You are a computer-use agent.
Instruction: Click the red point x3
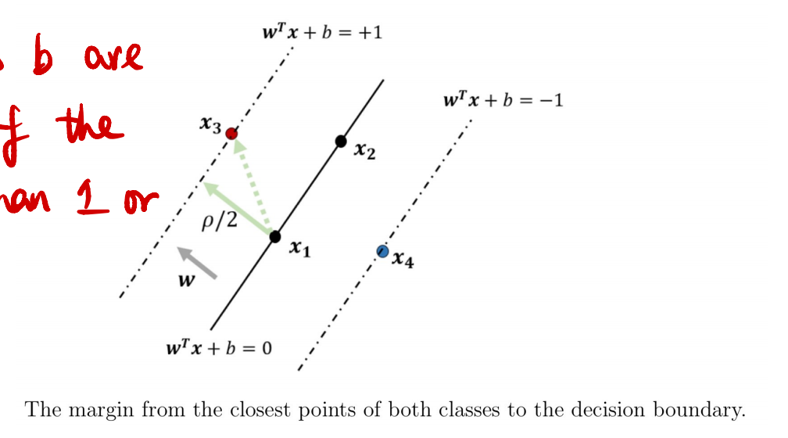tap(231, 134)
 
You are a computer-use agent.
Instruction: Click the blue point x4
tap(382, 251)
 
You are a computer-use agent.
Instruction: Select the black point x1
tap(275, 236)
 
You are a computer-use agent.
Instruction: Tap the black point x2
tap(341, 141)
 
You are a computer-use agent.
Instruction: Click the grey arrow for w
tap(197, 263)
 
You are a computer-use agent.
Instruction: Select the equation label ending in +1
tap(323, 33)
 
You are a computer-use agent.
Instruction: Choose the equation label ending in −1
tap(503, 100)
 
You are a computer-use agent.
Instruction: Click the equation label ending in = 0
tap(219, 348)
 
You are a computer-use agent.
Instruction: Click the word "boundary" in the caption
tap(706, 409)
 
